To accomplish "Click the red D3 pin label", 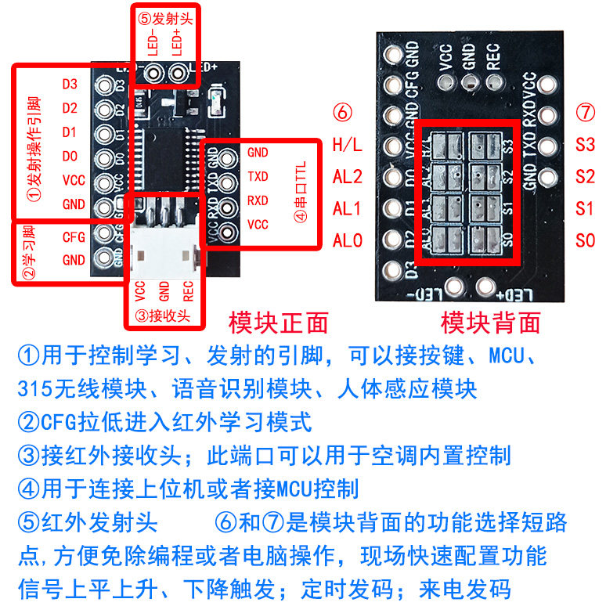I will [70, 83].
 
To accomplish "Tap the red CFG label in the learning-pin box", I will [73, 236].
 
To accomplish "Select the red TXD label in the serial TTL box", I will [258, 176].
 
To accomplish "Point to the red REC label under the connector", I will [188, 291].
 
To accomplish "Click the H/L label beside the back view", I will [348, 145].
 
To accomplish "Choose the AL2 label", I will [348, 177].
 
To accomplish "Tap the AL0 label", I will [348, 240].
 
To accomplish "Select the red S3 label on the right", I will [585, 145].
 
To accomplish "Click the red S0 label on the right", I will [585, 240].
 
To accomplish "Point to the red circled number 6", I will [342, 113].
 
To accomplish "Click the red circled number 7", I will [585, 113].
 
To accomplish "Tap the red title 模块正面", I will [278, 322].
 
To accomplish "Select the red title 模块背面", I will [491, 322].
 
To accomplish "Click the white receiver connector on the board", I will [162, 251].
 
